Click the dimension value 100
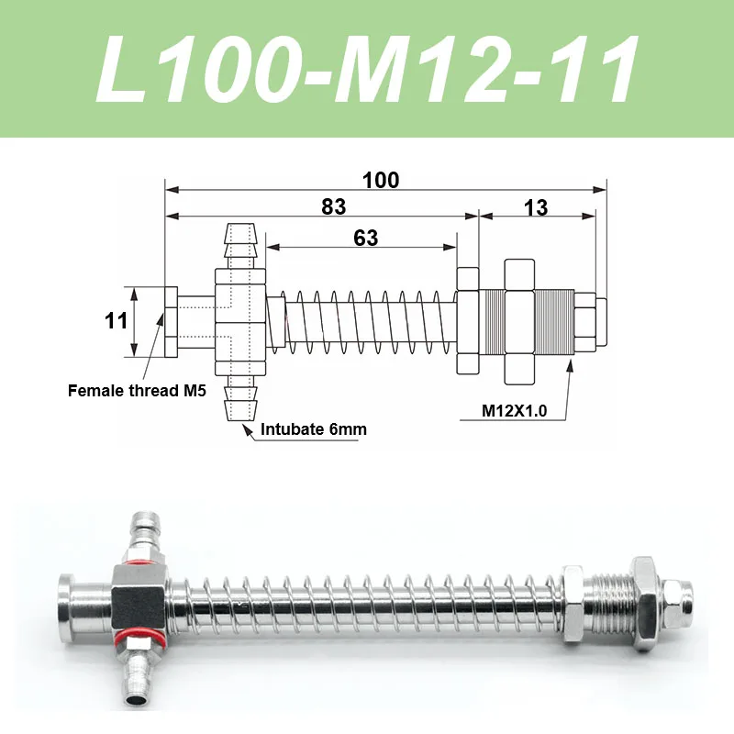[381, 180]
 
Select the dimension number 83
[334, 207]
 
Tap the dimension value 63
[365, 238]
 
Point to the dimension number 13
[535, 207]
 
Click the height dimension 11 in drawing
[116, 321]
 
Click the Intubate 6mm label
[307, 428]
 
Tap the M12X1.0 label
[515, 411]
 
